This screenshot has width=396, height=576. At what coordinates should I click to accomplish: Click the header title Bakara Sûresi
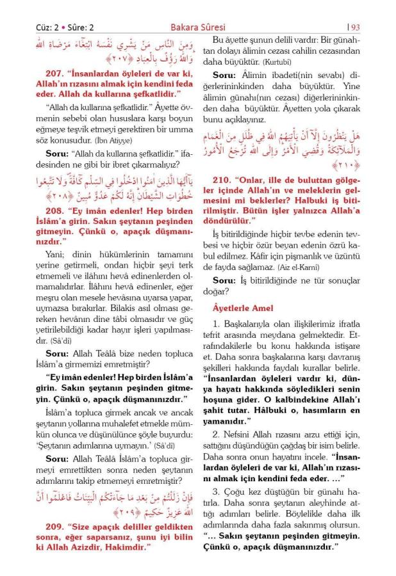point(197,27)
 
